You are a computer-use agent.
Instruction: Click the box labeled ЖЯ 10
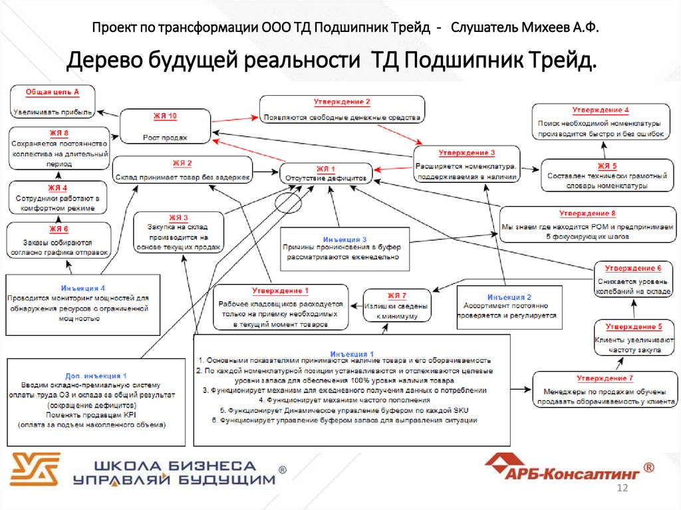pos(166,126)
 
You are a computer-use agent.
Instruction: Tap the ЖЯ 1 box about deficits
pos(326,174)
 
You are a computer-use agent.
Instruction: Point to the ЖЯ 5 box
pos(607,176)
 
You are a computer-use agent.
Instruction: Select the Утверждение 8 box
pos(587,225)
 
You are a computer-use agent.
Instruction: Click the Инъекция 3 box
pos(344,248)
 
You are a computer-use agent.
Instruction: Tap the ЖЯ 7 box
pos(397,306)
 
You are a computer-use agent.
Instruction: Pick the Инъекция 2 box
pos(509,307)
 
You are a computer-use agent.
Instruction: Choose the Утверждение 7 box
pos(604,388)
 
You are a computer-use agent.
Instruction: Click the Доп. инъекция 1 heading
pos(96,376)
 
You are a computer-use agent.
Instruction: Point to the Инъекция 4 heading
pos(83,288)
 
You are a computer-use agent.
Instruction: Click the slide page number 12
pos(623,489)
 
